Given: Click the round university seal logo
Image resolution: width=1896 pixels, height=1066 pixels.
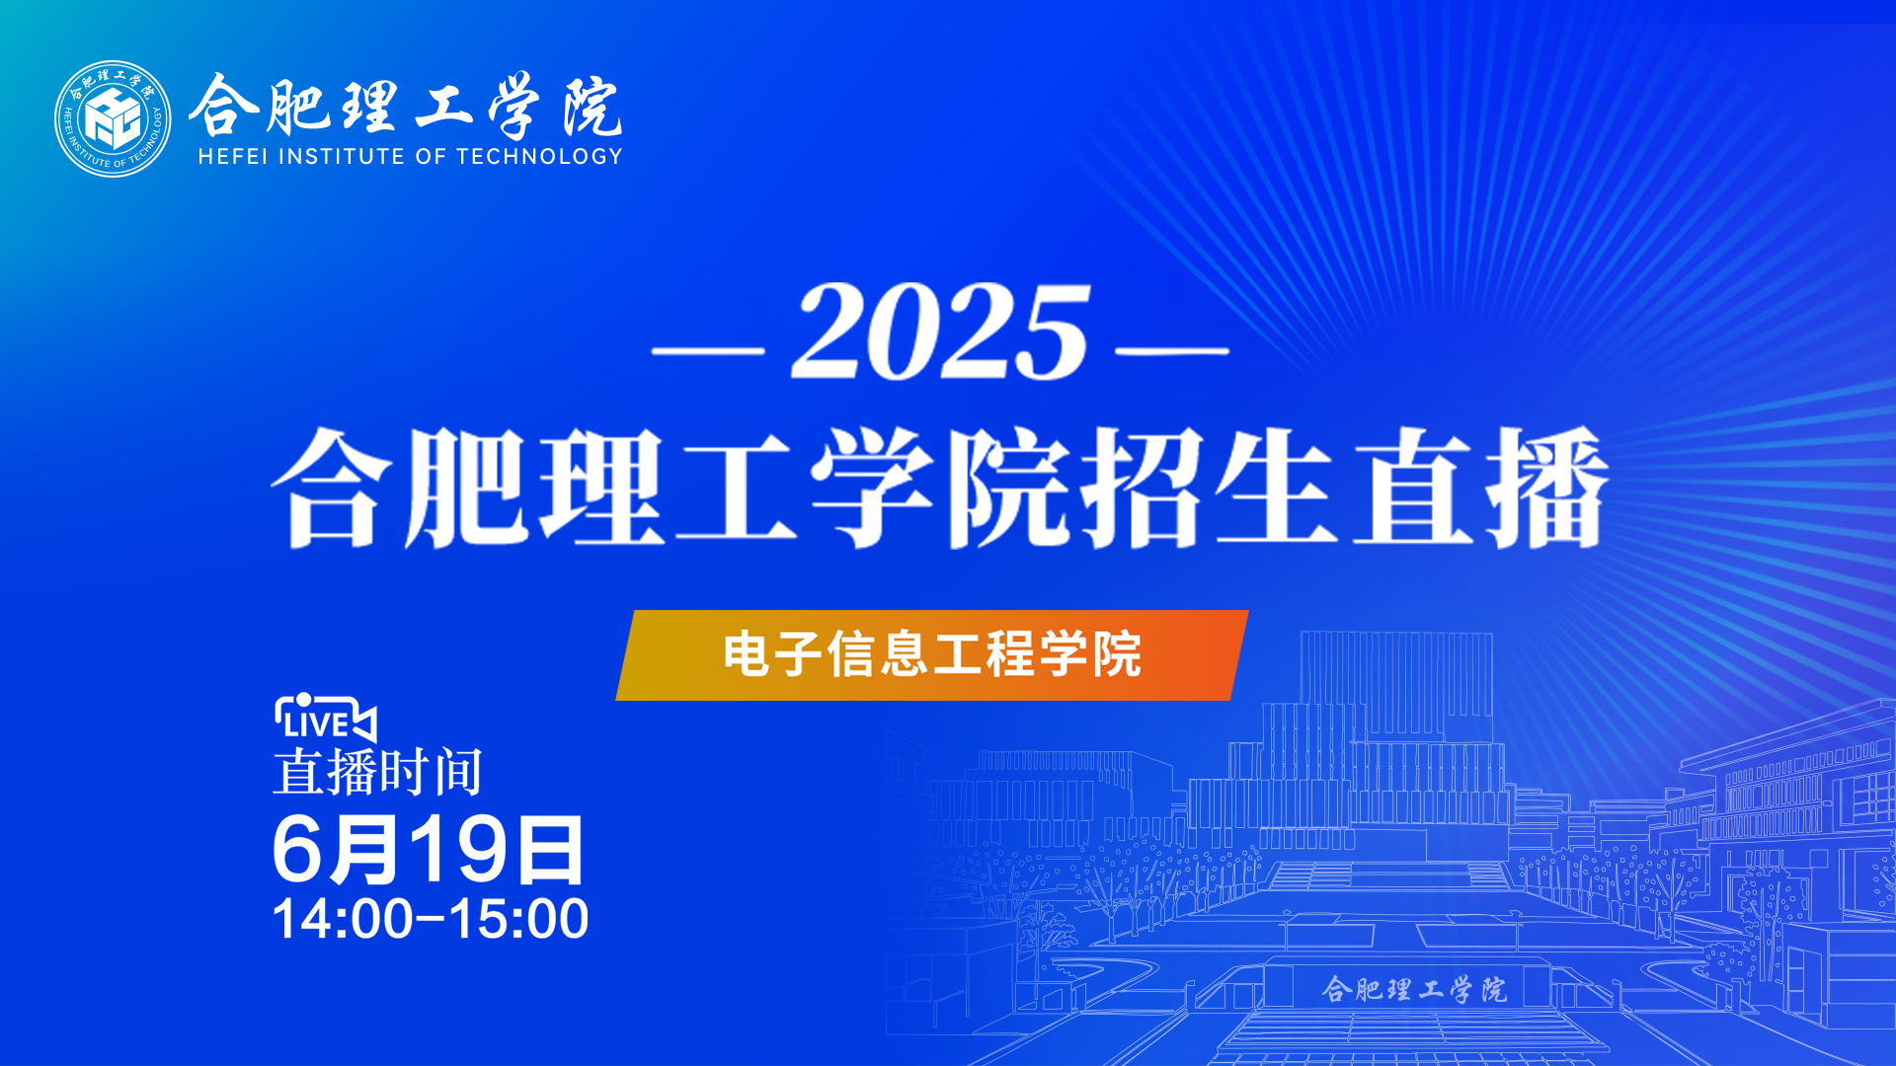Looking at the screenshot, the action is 113,118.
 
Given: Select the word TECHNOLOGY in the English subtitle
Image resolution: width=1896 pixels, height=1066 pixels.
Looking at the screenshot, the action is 539,156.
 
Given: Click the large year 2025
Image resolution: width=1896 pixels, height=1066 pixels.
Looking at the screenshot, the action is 940,332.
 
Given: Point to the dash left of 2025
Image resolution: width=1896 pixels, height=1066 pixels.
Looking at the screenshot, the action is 709,349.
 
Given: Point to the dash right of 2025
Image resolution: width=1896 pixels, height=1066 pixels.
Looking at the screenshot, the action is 1172,349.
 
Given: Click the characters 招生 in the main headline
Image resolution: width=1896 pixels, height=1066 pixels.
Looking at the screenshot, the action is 1211,488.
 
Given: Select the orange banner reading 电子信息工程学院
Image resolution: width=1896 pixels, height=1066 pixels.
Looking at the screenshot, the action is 932,655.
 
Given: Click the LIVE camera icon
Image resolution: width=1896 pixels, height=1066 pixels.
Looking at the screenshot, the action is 325,718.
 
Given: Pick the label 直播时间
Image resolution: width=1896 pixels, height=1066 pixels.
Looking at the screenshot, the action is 378,772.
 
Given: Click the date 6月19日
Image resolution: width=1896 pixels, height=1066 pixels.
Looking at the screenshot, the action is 429,850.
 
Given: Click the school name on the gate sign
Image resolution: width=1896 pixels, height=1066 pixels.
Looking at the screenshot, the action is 1415,988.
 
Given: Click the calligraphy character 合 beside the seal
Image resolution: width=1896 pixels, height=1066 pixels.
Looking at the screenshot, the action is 223,105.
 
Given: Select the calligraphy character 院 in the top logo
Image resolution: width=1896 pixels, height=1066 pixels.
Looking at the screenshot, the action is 593,107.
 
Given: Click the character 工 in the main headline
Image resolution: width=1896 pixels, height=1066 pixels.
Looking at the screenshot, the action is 737,488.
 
